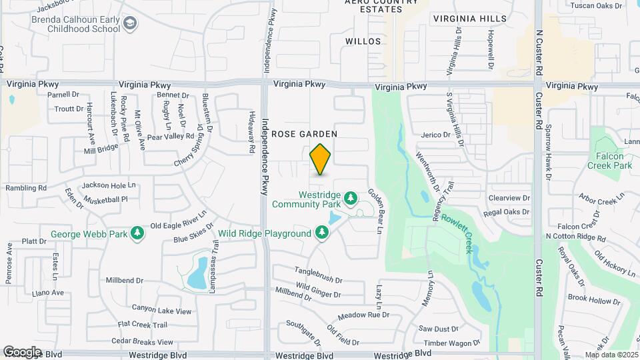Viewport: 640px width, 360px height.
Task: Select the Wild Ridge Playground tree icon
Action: point(322,233)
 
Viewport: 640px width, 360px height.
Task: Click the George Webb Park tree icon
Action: point(137,233)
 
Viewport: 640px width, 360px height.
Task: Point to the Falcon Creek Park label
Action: point(614,160)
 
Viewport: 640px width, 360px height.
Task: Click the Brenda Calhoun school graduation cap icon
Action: point(130,25)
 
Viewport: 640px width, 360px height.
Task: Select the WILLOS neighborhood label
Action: point(363,41)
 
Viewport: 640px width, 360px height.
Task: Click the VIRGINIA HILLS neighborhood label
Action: point(469,19)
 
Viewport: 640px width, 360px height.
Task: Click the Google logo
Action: point(22,351)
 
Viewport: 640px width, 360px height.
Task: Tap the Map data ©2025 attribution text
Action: point(611,355)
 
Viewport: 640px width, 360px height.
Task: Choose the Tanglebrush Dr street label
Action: point(319,275)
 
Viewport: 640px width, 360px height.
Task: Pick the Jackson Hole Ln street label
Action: point(108,185)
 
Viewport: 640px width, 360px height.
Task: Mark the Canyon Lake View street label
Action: point(161,311)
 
